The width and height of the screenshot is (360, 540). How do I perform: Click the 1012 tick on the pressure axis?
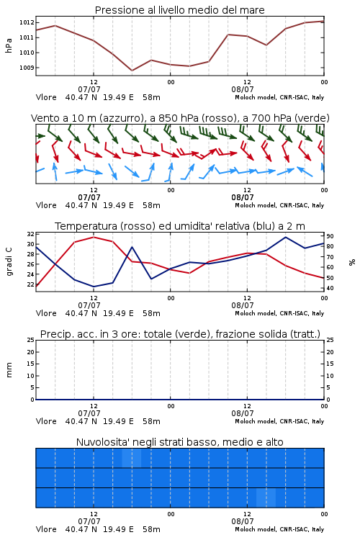coord(27,23)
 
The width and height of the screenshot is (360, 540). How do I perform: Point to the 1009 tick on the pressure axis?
coord(27,68)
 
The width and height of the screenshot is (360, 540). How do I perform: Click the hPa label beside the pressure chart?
coord(9,45)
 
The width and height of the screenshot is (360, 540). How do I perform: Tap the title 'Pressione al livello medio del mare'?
coord(180,10)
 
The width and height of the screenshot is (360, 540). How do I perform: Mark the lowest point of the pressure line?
coord(132,71)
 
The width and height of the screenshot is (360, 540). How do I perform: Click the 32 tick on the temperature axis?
coord(31,234)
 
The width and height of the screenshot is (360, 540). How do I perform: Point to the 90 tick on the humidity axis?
coord(330,236)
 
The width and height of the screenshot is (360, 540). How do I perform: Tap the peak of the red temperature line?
coord(94,237)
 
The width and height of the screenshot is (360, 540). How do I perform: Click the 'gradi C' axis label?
coord(9,262)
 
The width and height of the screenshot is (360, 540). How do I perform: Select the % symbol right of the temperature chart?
coord(352,262)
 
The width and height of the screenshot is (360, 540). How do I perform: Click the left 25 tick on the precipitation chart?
coord(31,341)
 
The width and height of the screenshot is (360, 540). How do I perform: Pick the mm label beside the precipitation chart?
coord(9,370)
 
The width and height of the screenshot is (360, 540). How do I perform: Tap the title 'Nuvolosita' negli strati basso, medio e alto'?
coord(180,442)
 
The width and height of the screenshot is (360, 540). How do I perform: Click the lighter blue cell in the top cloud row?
coord(132,458)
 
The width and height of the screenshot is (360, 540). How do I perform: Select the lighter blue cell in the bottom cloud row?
coord(266,498)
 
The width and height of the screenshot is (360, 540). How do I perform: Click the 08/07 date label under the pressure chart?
coord(243,89)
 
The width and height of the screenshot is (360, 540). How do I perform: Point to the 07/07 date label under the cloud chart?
coord(89,521)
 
